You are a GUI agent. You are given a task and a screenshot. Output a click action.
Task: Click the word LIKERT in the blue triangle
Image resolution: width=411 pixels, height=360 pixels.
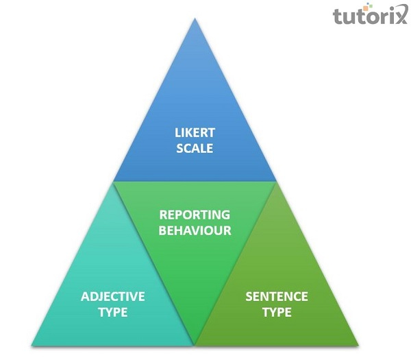coord(195,132)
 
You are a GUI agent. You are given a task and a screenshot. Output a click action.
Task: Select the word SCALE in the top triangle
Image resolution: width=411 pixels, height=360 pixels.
coord(195,147)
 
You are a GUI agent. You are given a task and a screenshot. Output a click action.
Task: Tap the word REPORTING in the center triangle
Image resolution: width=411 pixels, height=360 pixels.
coord(195,215)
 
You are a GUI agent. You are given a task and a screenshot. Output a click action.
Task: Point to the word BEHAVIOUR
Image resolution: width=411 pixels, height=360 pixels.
coord(195,230)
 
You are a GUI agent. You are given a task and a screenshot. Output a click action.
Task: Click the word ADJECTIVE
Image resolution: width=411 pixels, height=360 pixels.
coord(113,297)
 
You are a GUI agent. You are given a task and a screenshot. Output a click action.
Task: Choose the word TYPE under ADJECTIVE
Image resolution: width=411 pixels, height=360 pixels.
coord(113,313)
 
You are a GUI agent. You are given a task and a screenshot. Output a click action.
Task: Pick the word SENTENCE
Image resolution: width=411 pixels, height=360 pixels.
coord(277,297)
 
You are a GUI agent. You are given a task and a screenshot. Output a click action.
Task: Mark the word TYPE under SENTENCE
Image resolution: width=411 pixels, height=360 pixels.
coord(277,313)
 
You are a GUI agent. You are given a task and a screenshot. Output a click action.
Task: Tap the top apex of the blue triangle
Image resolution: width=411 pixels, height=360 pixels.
coord(195,19)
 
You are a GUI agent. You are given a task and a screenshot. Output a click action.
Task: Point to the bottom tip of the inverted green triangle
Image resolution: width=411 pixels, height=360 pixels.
coord(195,345)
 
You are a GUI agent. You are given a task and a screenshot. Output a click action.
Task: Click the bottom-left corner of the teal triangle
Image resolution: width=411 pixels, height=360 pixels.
coord(32,344)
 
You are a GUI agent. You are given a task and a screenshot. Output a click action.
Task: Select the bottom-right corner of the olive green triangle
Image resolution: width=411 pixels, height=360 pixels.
coord(358,344)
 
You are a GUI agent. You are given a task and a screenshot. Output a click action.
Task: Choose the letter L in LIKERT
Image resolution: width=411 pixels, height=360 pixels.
coord(177,132)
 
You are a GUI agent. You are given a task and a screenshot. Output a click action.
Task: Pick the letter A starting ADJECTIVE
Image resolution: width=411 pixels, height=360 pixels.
coord(85,297)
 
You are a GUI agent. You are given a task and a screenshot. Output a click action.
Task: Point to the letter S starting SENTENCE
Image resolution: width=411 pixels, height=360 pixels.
coord(249,297)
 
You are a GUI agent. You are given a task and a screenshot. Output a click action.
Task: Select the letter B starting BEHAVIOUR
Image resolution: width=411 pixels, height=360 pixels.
coord(163,230)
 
